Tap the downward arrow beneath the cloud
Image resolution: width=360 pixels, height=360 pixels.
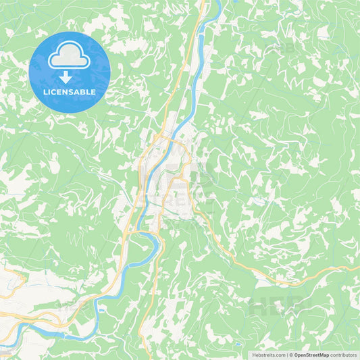(x=66, y=78)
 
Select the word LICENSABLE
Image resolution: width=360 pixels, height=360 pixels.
(x=70, y=92)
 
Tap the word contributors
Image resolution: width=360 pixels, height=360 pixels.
(x=343, y=355)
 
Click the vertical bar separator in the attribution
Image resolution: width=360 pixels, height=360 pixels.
(x=288, y=355)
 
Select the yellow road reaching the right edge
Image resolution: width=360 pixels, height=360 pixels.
(x=357, y=266)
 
